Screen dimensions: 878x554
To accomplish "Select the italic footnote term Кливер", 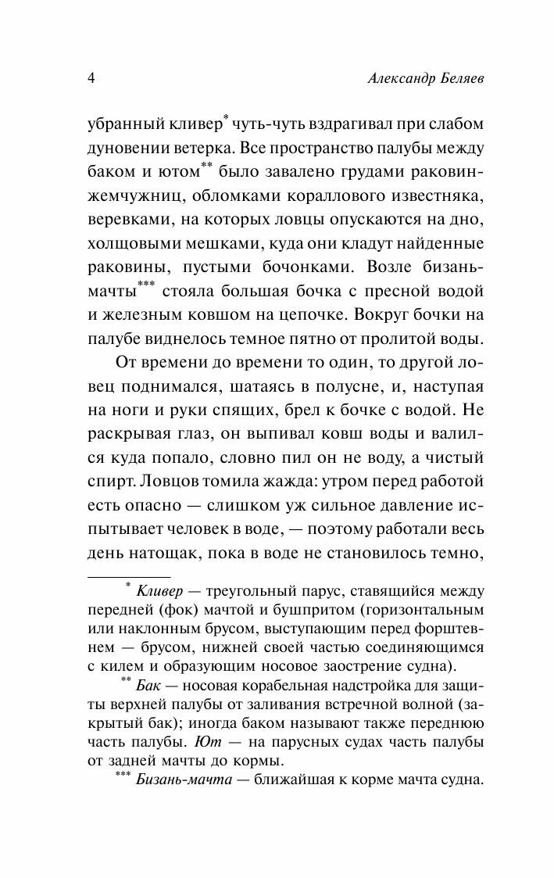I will click(159, 589).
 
